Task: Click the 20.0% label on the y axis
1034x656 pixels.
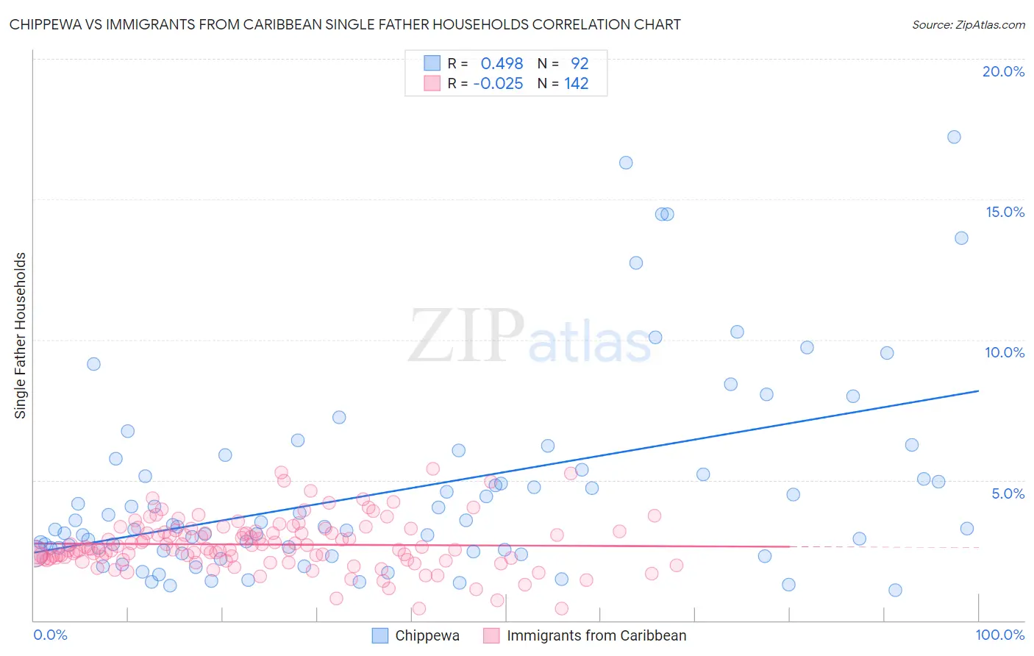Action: tap(1003, 71)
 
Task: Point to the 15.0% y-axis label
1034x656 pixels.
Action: tap(1005, 212)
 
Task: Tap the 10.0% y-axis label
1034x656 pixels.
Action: tap(1005, 352)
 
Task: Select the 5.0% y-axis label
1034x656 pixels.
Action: tap(1008, 493)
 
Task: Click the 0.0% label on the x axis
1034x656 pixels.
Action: tap(50, 635)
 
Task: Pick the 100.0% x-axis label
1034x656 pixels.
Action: tap(999, 635)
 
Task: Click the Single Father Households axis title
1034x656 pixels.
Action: tap(21, 335)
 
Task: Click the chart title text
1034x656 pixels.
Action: tap(345, 24)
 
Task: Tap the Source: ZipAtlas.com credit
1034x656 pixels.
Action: tap(968, 24)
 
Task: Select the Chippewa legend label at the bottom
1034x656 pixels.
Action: tap(427, 635)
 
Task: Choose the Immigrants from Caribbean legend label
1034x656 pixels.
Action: tap(596, 635)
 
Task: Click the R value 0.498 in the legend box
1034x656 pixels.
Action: tap(502, 63)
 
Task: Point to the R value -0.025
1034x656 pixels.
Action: tap(498, 83)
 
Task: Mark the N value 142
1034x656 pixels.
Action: tap(577, 83)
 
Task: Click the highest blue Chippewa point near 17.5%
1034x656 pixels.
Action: tap(954, 137)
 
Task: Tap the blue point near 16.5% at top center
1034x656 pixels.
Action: tap(626, 163)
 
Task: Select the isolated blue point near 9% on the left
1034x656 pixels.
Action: tap(93, 364)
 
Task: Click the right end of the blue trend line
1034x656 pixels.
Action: tap(978, 391)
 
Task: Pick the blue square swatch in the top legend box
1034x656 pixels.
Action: tap(432, 63)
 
